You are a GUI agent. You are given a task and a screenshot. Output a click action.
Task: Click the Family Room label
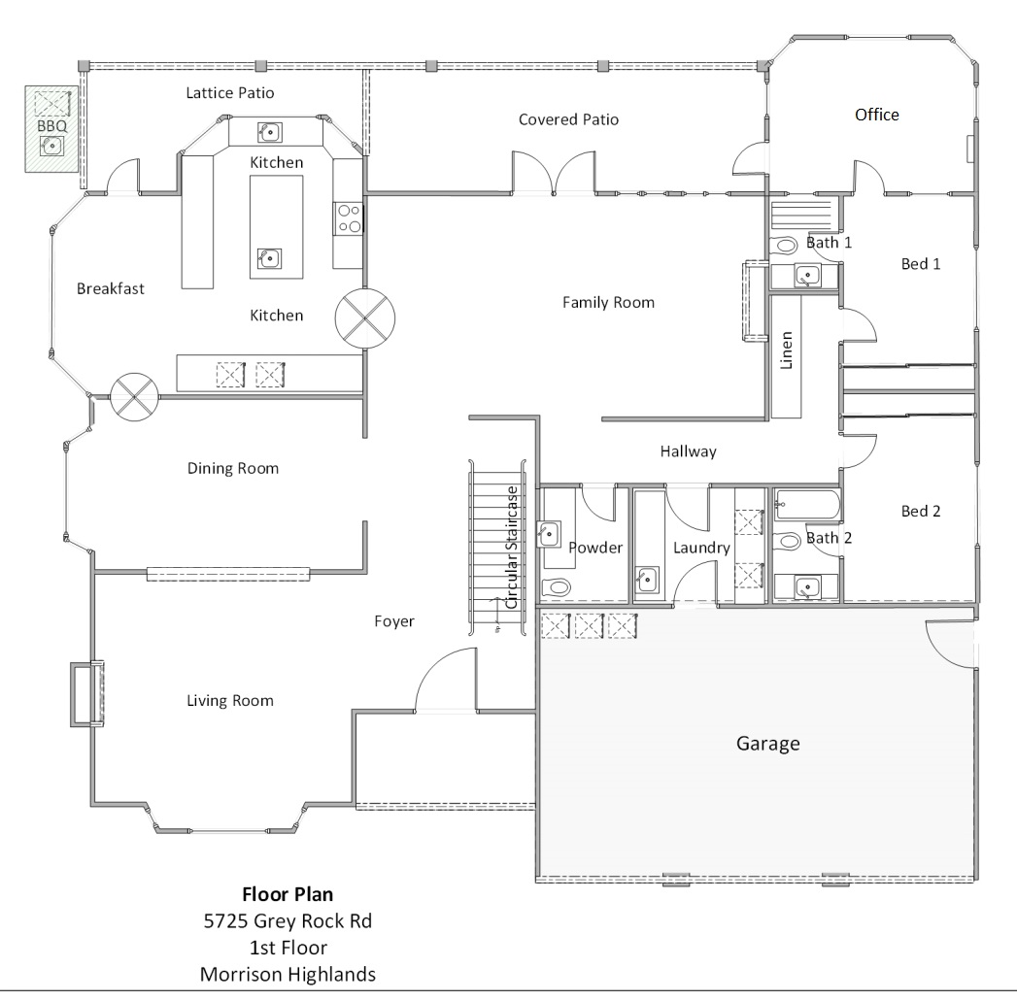608,302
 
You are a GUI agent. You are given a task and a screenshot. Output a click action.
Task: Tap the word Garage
767,744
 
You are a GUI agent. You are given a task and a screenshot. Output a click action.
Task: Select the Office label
876,115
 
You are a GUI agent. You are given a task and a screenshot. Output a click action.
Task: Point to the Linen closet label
786,350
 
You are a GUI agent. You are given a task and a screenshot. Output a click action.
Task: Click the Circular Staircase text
512,548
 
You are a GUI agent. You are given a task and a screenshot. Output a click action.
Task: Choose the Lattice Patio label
229,92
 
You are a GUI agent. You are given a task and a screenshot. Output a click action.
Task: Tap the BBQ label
51,126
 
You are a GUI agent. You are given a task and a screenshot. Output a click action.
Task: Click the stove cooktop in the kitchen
349,218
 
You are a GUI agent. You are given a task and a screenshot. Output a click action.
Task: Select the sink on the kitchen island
268,258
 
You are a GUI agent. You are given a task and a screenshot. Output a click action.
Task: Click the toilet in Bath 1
784,245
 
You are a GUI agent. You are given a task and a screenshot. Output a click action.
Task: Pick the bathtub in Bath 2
807,505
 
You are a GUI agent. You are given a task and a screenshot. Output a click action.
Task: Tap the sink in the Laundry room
647,579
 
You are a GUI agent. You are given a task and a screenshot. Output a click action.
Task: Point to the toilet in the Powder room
556,587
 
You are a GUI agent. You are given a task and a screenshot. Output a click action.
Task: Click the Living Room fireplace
86,693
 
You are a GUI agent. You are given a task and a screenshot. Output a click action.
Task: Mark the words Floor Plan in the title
288,894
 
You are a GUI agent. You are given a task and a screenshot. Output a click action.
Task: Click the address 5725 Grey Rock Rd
288,920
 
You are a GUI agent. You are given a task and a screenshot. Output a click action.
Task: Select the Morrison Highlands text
288,974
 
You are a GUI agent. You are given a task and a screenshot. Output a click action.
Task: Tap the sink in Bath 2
807,588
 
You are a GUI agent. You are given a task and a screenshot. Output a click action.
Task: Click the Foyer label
393,621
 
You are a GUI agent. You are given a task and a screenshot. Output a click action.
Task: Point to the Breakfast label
111,288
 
